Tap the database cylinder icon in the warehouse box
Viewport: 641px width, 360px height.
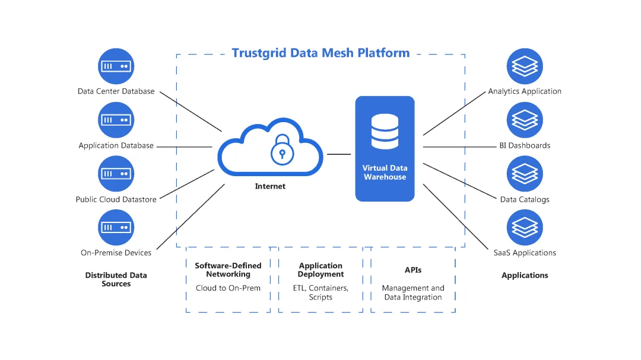click(385, 132)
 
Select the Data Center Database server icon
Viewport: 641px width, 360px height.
click(116, 66)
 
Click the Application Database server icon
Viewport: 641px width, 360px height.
click(116, 120)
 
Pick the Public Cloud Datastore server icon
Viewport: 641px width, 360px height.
click(116, 174)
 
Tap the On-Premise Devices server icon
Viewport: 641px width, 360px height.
click(116, 227)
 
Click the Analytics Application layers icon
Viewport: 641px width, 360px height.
click(525, 66)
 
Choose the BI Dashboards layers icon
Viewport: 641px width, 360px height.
click(525, 120)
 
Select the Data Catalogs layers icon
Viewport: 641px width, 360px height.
click(525, 174)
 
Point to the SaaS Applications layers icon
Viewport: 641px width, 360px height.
click(525, 227)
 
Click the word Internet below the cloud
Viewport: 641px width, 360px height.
click(270, 186)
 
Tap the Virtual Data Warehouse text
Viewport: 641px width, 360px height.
click(385, 173)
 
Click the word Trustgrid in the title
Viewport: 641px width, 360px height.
click(258, 53)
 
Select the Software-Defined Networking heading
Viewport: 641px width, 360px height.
click(228, 270)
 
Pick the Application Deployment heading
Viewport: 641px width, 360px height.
click(320, 270)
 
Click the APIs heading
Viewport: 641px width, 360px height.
click(413, 270)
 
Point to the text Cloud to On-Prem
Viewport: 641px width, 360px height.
click(228, 288)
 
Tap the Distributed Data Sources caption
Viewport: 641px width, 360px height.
click(116, 279)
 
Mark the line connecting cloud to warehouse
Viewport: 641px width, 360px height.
click(339, 154)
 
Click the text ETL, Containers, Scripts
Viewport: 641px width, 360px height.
click(320, 292)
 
